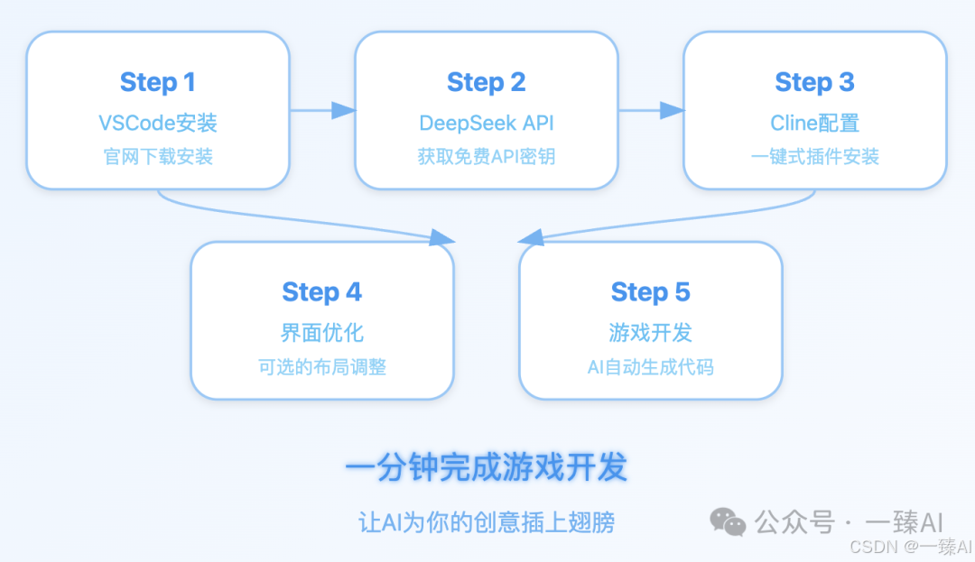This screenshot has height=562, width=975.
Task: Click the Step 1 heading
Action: [158, 83]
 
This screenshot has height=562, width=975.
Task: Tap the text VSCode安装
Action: [158, 123]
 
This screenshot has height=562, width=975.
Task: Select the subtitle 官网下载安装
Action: [158, 157]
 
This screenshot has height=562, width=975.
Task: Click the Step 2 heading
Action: [486, 83]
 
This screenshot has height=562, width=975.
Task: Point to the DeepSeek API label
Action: [486, 123]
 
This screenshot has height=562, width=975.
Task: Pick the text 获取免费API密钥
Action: [486, 157]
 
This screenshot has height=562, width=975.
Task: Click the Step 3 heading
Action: [814, 83]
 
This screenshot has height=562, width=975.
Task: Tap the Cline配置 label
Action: [814, 123]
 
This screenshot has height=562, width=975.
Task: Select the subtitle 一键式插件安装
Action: [814, 157]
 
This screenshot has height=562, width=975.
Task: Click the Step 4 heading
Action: [321, 292]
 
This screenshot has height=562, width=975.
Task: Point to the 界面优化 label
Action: [321, 332]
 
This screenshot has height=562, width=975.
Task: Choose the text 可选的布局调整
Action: [321, 367]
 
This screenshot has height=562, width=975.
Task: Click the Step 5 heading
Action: [650, 292]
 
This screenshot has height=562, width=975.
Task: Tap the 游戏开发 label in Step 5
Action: [650, 332]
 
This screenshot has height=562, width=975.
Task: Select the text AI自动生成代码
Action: [650, 367]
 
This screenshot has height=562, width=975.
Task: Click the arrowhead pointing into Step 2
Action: [343, 110]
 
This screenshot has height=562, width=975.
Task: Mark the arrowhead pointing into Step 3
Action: [672, 110]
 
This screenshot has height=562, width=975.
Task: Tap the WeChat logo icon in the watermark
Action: [728, 521]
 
